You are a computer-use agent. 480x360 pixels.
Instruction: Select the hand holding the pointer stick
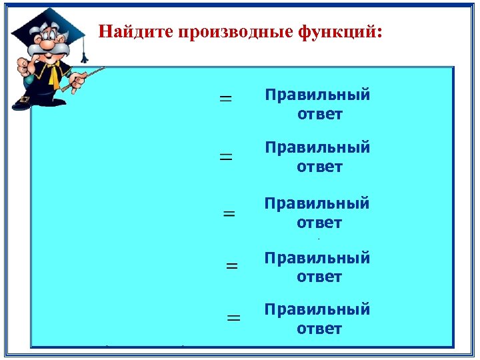77,81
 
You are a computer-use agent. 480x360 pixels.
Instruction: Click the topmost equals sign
226,98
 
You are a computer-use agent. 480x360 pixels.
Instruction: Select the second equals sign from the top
227,157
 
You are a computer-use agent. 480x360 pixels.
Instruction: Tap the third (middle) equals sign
229,214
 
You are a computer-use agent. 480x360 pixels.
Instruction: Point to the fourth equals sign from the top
232,265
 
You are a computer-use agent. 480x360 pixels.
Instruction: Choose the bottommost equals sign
233,319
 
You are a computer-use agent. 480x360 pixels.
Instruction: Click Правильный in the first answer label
317,95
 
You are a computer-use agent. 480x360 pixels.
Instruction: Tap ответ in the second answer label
319,167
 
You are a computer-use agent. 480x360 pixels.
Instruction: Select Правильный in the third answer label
317,203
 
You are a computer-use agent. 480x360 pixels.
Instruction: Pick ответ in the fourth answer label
319,277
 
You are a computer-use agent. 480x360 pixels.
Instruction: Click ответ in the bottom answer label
319,329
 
